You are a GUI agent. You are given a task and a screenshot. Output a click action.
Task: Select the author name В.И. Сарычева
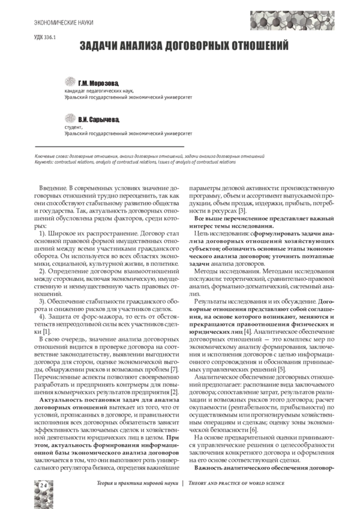(x=99, y=120)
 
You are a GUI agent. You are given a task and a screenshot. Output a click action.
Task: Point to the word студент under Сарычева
(x=74, y=127)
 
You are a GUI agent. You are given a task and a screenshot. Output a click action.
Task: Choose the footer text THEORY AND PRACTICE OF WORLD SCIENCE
(x=236, y=483)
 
